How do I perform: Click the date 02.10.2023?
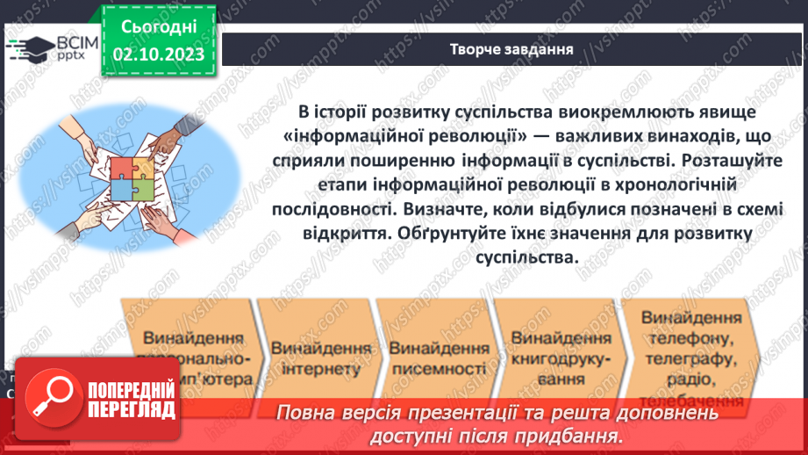point(159,54)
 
